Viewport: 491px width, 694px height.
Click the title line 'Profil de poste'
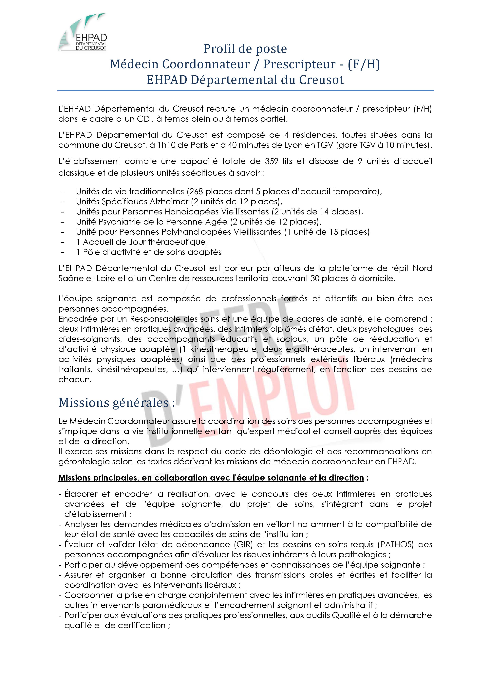point(245,49)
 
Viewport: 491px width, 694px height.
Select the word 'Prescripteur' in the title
point(299,64)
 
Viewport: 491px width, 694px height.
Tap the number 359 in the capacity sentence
point(272,161)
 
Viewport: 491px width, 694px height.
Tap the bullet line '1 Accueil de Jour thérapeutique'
point(141,242)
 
